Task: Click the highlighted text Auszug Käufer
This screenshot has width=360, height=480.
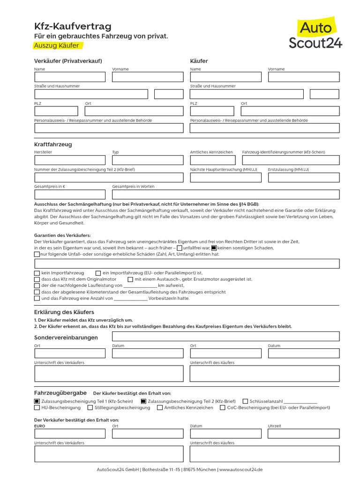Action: pyautogui.click(x=56, y=45)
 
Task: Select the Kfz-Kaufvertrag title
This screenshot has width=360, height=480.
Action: pyautogui.click(x=73, y=27)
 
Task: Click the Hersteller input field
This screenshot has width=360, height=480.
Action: pyautogui.click(x=70, y=160)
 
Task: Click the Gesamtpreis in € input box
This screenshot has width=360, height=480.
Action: pyautogui.click(x=70, y=194)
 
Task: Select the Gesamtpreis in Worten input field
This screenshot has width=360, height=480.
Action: pyautogui.click(x=225, y=194)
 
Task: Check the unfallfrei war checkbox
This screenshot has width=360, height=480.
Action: pyautogui.click(x=180, y=248)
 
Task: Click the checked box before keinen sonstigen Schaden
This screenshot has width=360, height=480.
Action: pyautogui.click(x=214, y=248)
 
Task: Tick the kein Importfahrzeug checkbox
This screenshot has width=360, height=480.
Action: pyautogui.click(x=37, y=273)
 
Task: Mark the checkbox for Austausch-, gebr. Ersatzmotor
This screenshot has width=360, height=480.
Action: pyautogui.click(x=130, y=279)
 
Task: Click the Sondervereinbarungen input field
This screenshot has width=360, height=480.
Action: pyautogui.click(x=225, y=336)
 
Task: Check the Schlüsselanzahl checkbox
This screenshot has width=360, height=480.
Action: pyautogui.click(x=245, y=401)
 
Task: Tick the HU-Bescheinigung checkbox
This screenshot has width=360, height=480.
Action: pyautogui.click(x=37, y=408)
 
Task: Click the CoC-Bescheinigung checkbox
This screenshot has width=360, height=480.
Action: pyautogui.click(x=223, y=408)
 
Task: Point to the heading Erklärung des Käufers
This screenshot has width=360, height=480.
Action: pyautogui.click(x=64, y=312)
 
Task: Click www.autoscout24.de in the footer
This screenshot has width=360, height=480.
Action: pyautogui.click(x=241, y=470)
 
